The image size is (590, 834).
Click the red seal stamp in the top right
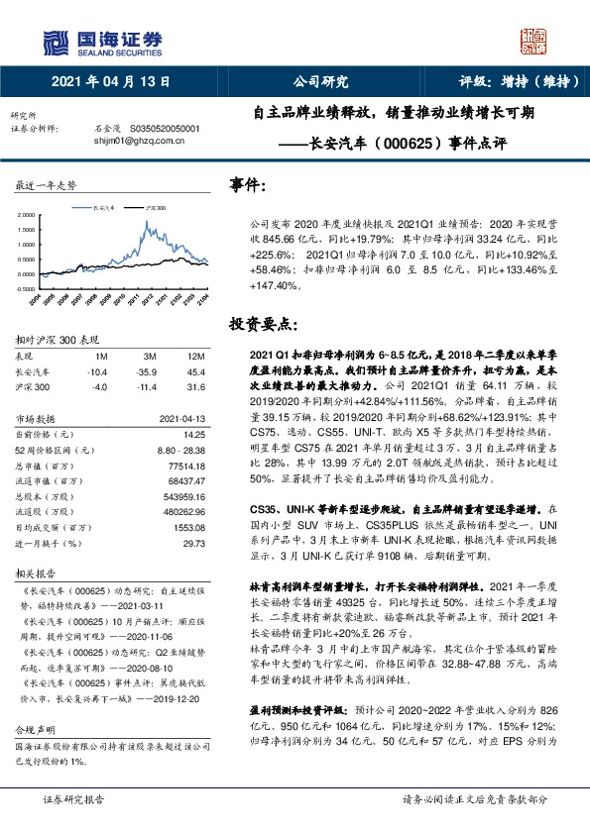point(535,41)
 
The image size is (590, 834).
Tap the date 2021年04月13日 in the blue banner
point(110,82)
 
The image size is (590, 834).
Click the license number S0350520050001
point(160,129)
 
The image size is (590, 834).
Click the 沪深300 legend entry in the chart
point(155,209)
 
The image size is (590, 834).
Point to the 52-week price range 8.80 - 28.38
point(179,450)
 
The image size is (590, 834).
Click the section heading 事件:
point(248,185)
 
